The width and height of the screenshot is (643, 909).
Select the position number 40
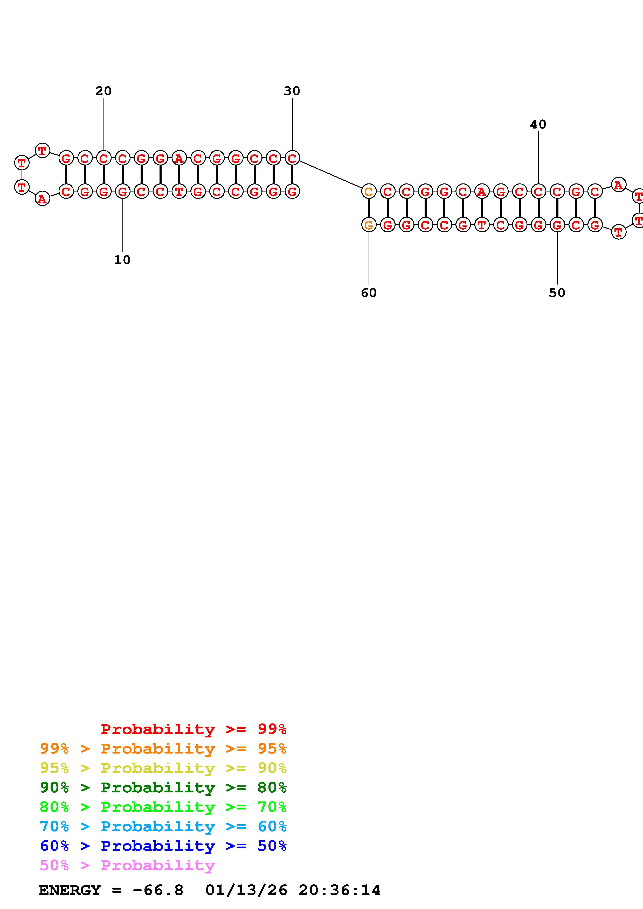tap(538, 125)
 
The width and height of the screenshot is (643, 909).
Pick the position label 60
tap(368, 293)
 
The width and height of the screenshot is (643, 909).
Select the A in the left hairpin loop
tap(42, 199)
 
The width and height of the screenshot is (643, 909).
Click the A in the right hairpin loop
tap(618, 184)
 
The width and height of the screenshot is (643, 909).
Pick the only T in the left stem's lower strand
tap(179, 191)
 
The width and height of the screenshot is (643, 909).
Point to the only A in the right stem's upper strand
tap(481, 191)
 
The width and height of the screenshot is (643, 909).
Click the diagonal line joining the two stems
tap(330, 174)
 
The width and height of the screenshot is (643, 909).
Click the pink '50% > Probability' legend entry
tap(127, 865)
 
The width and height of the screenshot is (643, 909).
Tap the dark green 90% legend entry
tap(163, 787)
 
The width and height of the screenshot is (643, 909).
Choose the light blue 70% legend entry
tap(163, 827)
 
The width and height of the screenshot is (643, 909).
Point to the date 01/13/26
tap(246, 890)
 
